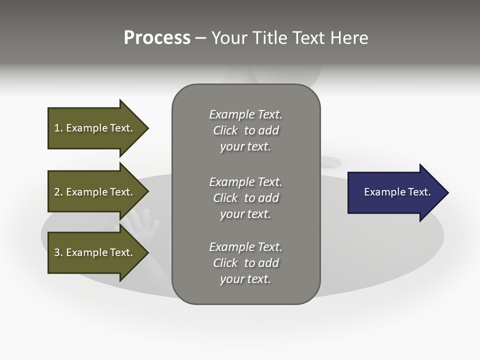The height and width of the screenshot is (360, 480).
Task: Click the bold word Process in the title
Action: coord(157,38)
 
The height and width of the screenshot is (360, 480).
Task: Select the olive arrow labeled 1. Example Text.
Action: coord(95,128)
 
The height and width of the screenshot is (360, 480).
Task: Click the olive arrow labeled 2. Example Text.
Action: coord(95,192)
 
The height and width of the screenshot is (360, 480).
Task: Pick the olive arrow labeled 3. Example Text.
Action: coord(95,252)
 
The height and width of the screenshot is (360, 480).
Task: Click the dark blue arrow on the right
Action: coord(395,192)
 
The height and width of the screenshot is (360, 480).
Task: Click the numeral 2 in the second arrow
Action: coord(57,192)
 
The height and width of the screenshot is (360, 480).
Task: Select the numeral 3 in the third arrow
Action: coord(57,252)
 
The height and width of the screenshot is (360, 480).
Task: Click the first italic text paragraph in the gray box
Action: coord(245,130)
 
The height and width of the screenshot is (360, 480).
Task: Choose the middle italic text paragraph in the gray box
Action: coord(245,197)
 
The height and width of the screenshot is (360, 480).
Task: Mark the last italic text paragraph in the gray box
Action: coord(245,263)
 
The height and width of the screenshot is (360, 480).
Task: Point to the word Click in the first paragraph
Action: coord(225,130)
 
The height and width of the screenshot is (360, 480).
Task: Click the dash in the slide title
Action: coord(201,38)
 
